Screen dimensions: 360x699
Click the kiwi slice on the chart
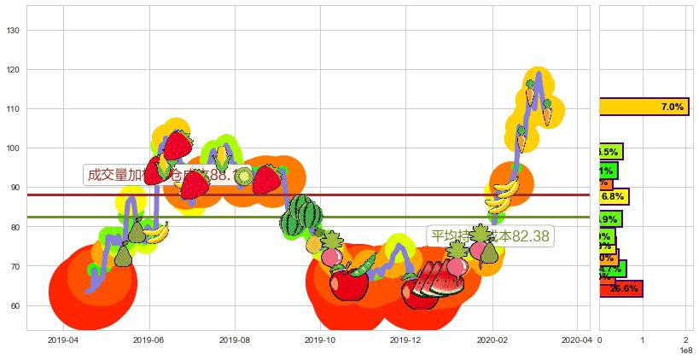pyautogui.click(x=244, y=177)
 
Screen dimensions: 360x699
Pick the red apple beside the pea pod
pyautogui.click(x=348, y=283)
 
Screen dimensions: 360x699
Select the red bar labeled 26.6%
pyautogui.click(x=620, y=288)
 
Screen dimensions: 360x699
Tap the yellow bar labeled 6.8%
pyautogui.click(x=614, y=196)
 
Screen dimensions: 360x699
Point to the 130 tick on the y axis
pyautogui.click(x=17, y=31)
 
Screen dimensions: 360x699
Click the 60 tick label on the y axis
pyautogui.click(x=17, y=305)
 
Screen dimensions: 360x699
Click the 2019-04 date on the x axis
pyautogui.click(x=63, y=340)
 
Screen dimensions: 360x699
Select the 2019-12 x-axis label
pyautogui.click(x=406, y=340)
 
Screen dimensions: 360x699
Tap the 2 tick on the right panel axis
pyautogui.click(x=685, y=340)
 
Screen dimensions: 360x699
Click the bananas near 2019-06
pyautogui.click(x=156, y=232)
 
